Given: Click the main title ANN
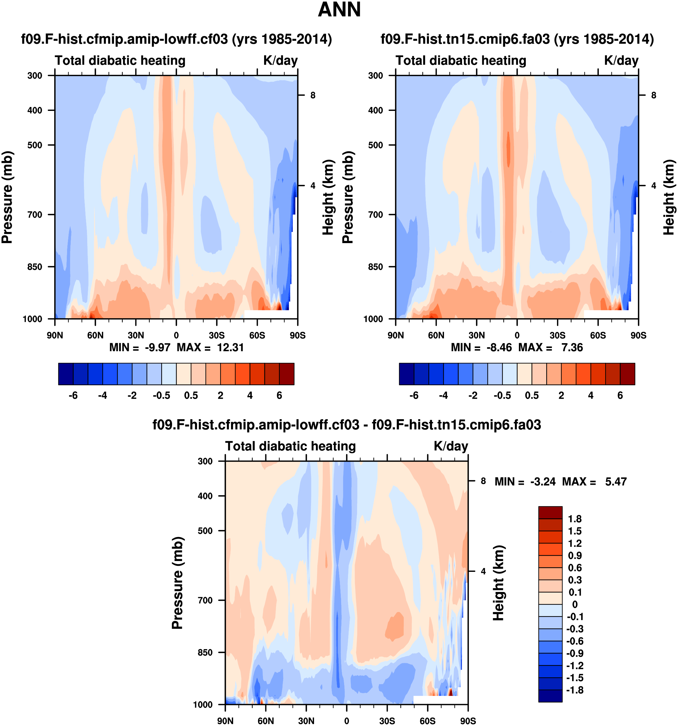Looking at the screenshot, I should point(339,10).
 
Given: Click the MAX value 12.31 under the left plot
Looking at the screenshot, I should point(230,347).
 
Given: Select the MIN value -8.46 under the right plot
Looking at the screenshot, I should point(499,347).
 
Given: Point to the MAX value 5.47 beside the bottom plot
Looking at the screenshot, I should point(616,482).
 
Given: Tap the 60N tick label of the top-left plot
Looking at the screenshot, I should point(95,335).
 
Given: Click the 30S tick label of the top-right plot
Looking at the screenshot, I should point(557,335).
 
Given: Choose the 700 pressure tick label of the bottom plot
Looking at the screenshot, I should point(205,600).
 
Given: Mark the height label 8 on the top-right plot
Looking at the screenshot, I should point(654,95).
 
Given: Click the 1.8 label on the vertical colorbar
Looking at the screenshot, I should point(575,519).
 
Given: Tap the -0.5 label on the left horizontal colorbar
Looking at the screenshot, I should point(162,395).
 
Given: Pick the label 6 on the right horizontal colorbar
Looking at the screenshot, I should point(620,395).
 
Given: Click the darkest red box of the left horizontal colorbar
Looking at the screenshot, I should point(287,374).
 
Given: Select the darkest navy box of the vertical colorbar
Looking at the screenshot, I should point(550,696).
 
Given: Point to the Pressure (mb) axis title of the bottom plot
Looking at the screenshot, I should point(177,583).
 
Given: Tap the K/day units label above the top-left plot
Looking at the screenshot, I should point(280,61).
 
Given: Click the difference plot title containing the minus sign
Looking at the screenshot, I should point(347,425).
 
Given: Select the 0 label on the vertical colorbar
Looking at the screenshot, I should point(575,604).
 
